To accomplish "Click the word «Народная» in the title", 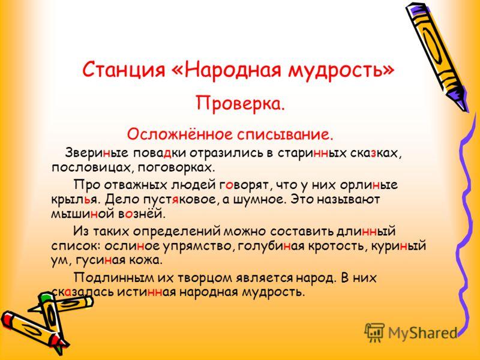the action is coord(233,70).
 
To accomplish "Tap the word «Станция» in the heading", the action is coord(124,70).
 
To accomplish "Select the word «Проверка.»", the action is coord(241,103).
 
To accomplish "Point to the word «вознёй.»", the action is coord(142,214).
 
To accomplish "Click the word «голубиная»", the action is coord(271,246).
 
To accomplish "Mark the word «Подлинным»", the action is coord(114,278).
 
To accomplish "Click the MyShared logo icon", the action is coord(374,332).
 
